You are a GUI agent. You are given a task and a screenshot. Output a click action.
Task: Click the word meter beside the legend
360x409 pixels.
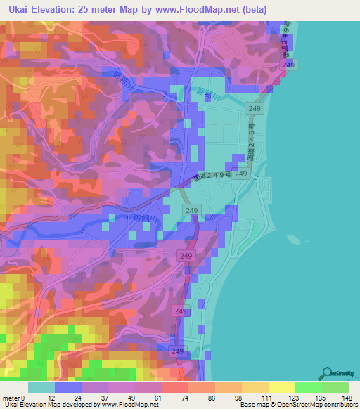11,398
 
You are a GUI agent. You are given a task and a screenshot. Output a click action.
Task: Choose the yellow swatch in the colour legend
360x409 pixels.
281,387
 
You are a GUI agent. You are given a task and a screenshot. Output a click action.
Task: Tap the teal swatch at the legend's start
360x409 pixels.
41,387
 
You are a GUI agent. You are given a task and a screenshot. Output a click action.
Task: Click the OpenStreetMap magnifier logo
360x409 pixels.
327,374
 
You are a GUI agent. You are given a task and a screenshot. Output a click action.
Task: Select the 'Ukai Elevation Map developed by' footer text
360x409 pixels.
42,405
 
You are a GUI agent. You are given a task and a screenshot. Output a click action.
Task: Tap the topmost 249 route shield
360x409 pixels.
288,65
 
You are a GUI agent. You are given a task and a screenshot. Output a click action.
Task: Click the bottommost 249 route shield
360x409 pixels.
176,351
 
